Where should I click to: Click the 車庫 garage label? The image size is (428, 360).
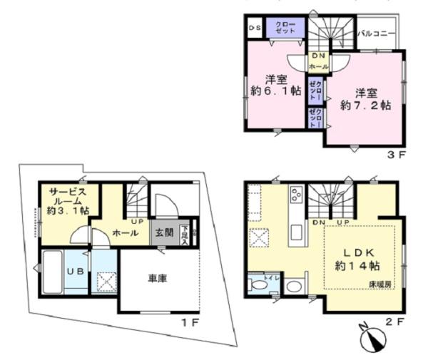158,279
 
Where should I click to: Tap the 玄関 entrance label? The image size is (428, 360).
163,232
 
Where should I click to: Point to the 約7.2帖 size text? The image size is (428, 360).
365,104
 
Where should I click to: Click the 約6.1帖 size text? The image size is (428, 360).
275,91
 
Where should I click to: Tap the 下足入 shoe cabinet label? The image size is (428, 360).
185,235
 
